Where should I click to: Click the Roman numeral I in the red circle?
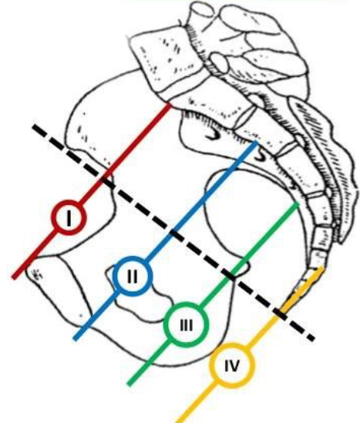click(x=69, y=217)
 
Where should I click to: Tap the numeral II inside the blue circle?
click(x=132, y=276)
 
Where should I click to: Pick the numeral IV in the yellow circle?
click(x=232, y=366)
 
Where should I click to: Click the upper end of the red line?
click(x=169, y=105)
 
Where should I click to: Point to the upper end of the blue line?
click(x=256, y=142)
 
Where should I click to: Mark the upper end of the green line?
click(x=298, y=203)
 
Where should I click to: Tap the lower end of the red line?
click(x=14, y=277)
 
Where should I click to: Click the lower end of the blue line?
click(x=76, y=339)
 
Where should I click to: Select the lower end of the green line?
click(x=129, y=384)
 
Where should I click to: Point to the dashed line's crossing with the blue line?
click(x=174, y=233)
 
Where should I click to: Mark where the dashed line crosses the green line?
click(x=231, y=276)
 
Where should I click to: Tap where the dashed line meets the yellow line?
click(x=280, y=314)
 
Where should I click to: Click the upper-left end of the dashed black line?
click(x=34, y=126)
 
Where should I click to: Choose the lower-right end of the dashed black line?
click(x=313, y=338)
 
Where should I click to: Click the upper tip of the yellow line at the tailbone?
click(x=321, y=267)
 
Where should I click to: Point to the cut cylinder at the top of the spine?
click(x=201, y=14)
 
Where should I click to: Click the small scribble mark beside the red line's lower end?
click(x=36, y=274)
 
